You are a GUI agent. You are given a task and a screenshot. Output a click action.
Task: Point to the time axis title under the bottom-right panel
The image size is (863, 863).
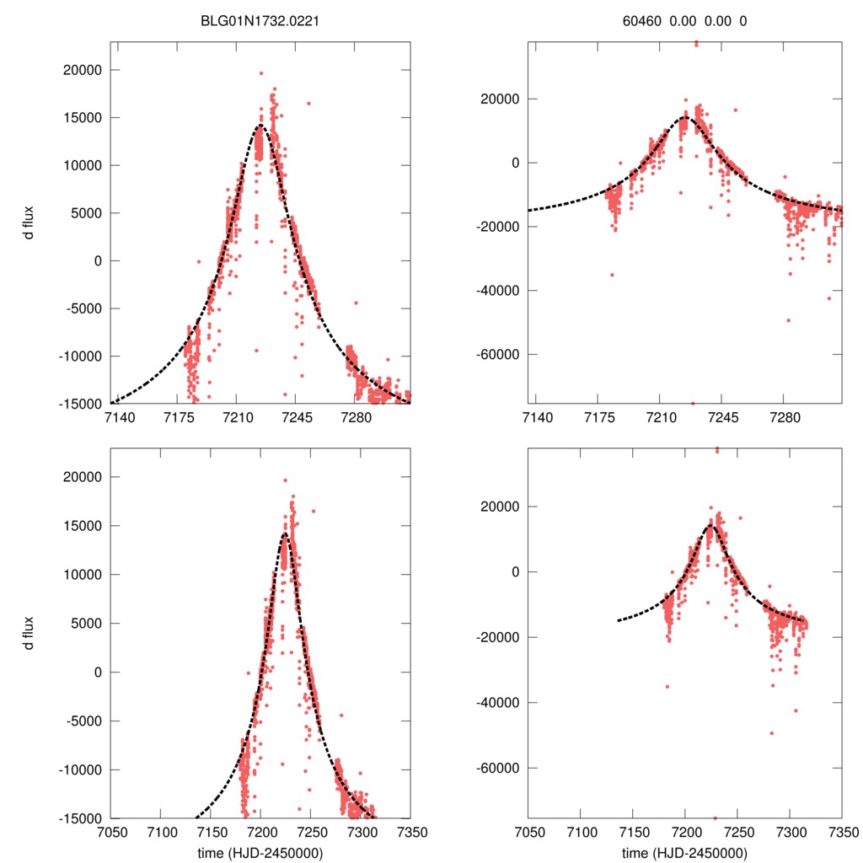(x=684, y=852)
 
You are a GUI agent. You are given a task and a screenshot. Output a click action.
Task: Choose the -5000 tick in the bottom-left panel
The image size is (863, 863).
(x=82, y=721)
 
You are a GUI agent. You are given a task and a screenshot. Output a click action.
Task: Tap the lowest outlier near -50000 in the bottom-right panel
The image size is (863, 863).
(x=771, y=733)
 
